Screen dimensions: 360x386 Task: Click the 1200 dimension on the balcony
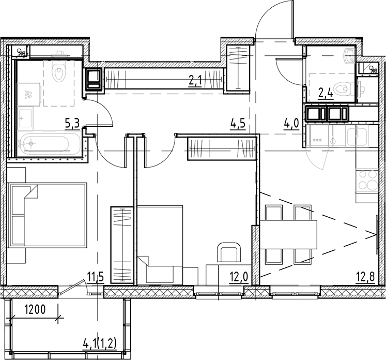pos(37,311)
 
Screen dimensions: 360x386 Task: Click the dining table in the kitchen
pos(289,234)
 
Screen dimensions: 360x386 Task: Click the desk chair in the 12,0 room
pos(228,254)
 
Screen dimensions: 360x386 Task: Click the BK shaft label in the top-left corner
pos(22,51)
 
